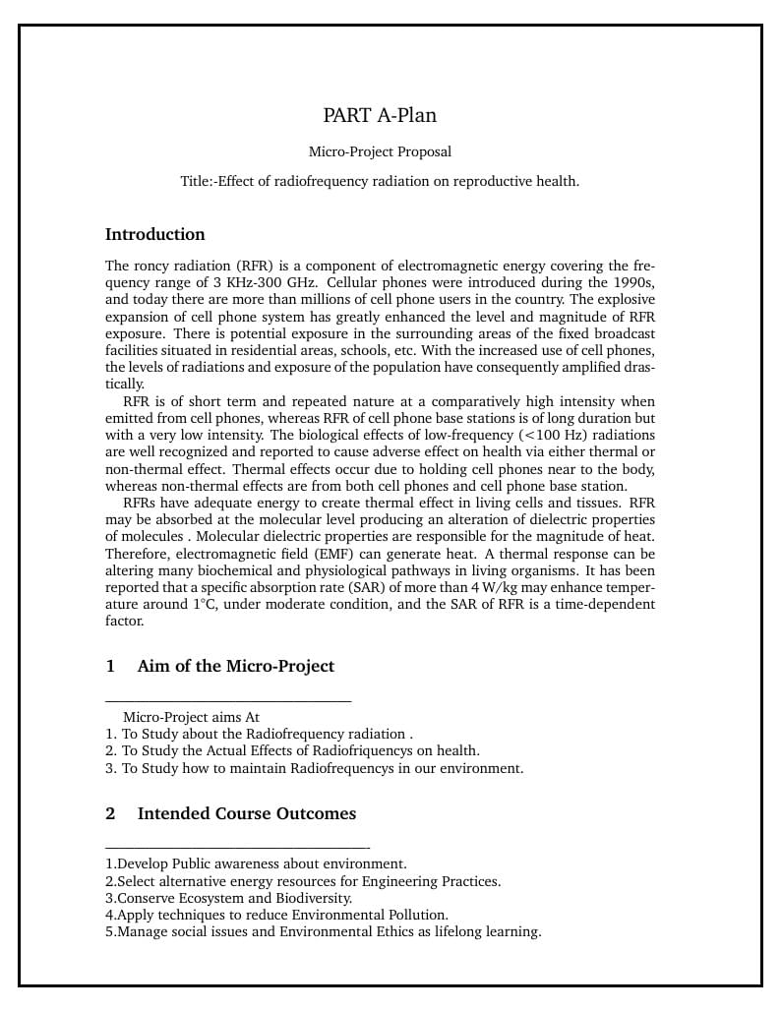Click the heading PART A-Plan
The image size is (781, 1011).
pos(380,115)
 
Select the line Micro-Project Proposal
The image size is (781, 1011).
pos(380,151)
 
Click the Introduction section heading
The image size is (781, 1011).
pos(155,234)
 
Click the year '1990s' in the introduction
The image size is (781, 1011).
pos(632,282)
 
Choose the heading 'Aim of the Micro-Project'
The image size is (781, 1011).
pos(236,666)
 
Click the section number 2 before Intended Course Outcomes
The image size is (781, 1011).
pos(110,813)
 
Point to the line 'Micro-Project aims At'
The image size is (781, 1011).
pos(191,717)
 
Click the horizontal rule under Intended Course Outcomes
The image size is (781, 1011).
pos(237,847)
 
